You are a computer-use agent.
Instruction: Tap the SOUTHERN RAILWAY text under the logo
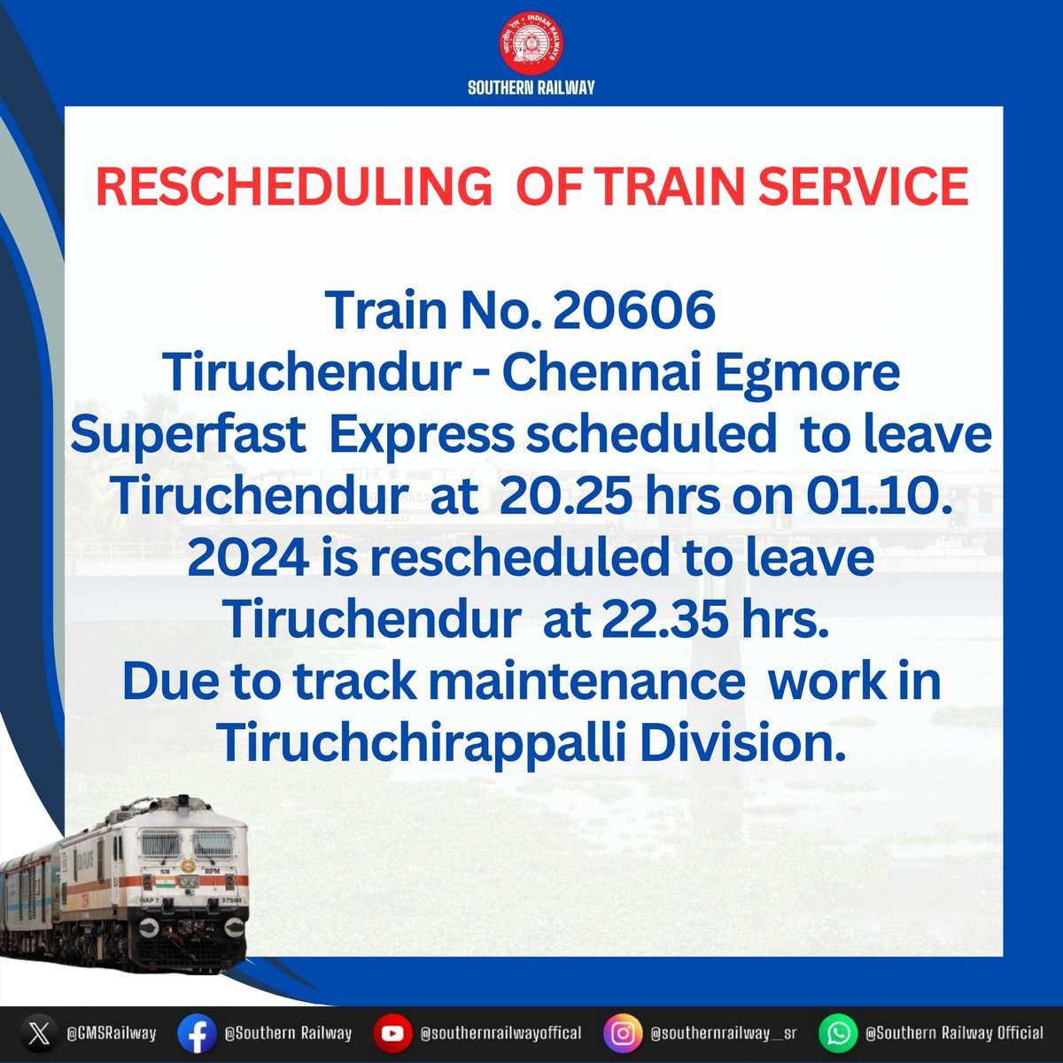pyautogui.click(x=531, y=87)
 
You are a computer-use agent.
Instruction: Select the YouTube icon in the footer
pyautogui.click(x=390, y=1033)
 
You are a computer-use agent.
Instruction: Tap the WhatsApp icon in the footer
pyautogui.click(x=837, y=1033)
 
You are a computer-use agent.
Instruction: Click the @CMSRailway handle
pyautogui.click(x=112, y=1033)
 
